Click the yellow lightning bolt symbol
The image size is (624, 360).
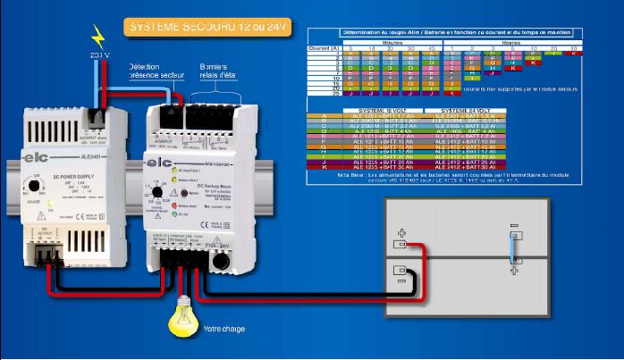[98, 37]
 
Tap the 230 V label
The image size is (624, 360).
[101, 56]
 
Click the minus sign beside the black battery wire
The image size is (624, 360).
[401, 271]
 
